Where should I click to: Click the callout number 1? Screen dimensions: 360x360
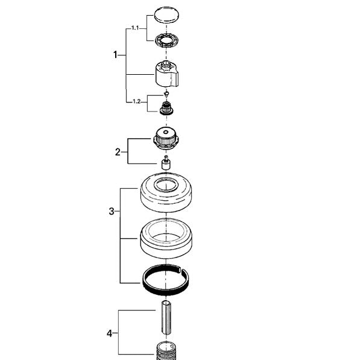(x=115, y=55)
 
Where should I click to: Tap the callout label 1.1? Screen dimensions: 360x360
(x=135, y=28)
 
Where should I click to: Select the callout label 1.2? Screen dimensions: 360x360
(x=137, y=101)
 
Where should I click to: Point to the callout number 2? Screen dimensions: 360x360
(x=118, y=152)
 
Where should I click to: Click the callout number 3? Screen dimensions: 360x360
(x=112, y=211)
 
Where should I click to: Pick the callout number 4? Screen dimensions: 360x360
(x=110, y=333)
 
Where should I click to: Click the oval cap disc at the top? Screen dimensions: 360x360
(x=166, y=15)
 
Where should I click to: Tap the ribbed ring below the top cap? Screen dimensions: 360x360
(x=166, y=40)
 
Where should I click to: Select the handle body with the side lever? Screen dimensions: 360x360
(x=166, y=74)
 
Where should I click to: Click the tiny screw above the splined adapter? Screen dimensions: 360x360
(x=166, y=93)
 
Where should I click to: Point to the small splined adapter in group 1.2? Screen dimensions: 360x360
(x=166, y=108)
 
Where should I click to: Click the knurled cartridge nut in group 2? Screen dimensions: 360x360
(x=166, y=138)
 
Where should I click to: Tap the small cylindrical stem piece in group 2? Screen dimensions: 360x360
(x=166, y=163)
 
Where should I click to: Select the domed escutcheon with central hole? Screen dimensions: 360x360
(x=166, y=193)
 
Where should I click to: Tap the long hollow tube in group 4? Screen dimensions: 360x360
(x=166, y=318)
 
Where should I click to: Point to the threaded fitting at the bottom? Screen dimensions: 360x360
(x=166, y=351)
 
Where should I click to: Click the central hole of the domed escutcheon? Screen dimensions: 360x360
(x=166, y=185)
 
